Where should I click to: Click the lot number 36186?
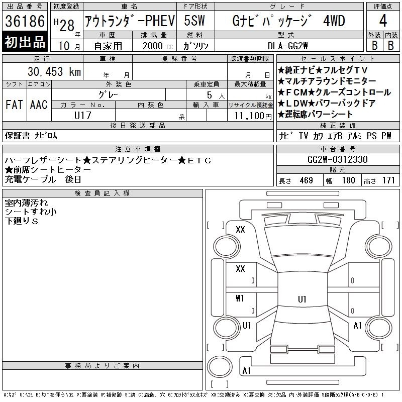tap(25, 21)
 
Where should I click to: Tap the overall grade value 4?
tap(383, 21)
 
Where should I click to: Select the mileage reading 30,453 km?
tap(54, 71)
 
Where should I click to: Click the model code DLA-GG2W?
tap(287, 46)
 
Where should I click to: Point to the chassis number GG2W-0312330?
tap(337, 159)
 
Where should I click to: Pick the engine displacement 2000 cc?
tap(157, 46)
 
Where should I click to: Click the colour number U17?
tap(82, 116)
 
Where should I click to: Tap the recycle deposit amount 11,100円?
tap(253, 116)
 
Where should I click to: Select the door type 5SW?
tap(194, 21)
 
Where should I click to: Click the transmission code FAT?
tap(14, 105)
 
